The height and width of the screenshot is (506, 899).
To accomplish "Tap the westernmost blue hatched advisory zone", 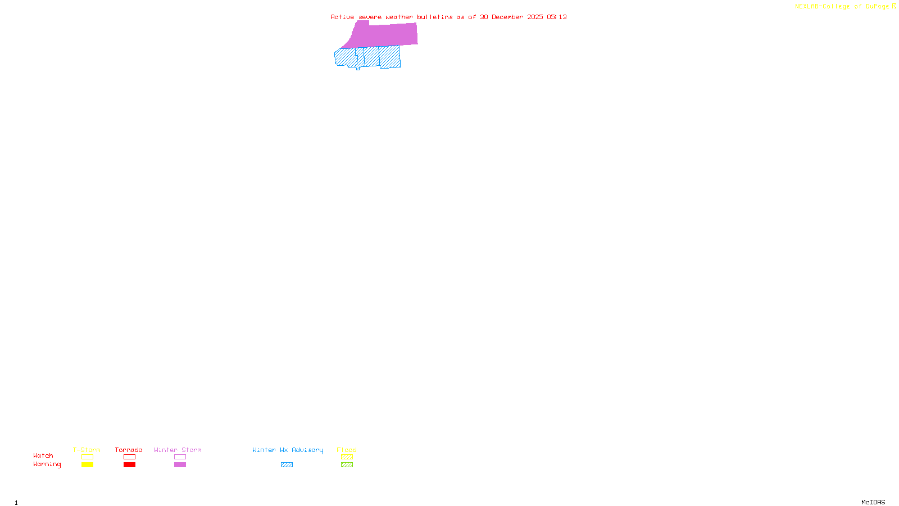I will [345, 57].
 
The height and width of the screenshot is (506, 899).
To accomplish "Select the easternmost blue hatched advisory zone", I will [390, 57].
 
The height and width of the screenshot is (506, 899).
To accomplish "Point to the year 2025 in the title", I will [535, 17].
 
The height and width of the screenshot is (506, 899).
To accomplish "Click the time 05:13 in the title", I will [557, 17].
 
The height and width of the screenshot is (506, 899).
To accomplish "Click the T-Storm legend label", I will [87, 450].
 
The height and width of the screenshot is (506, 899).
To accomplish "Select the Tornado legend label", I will [129, 450].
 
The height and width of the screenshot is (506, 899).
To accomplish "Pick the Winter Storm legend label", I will [178, 450].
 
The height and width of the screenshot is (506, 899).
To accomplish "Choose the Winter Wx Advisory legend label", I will [288, 450].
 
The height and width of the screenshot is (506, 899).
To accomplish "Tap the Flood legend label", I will [347, 450].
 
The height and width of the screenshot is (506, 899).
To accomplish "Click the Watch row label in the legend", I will [43, 455].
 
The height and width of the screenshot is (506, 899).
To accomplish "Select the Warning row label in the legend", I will [47, 464].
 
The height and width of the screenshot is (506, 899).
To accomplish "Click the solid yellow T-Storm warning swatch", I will [87, 465].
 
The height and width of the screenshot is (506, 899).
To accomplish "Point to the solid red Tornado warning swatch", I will [130, 465].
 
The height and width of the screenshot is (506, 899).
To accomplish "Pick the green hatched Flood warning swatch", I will [347, 465].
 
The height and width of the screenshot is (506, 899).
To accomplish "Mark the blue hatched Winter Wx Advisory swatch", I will [287, 465].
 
